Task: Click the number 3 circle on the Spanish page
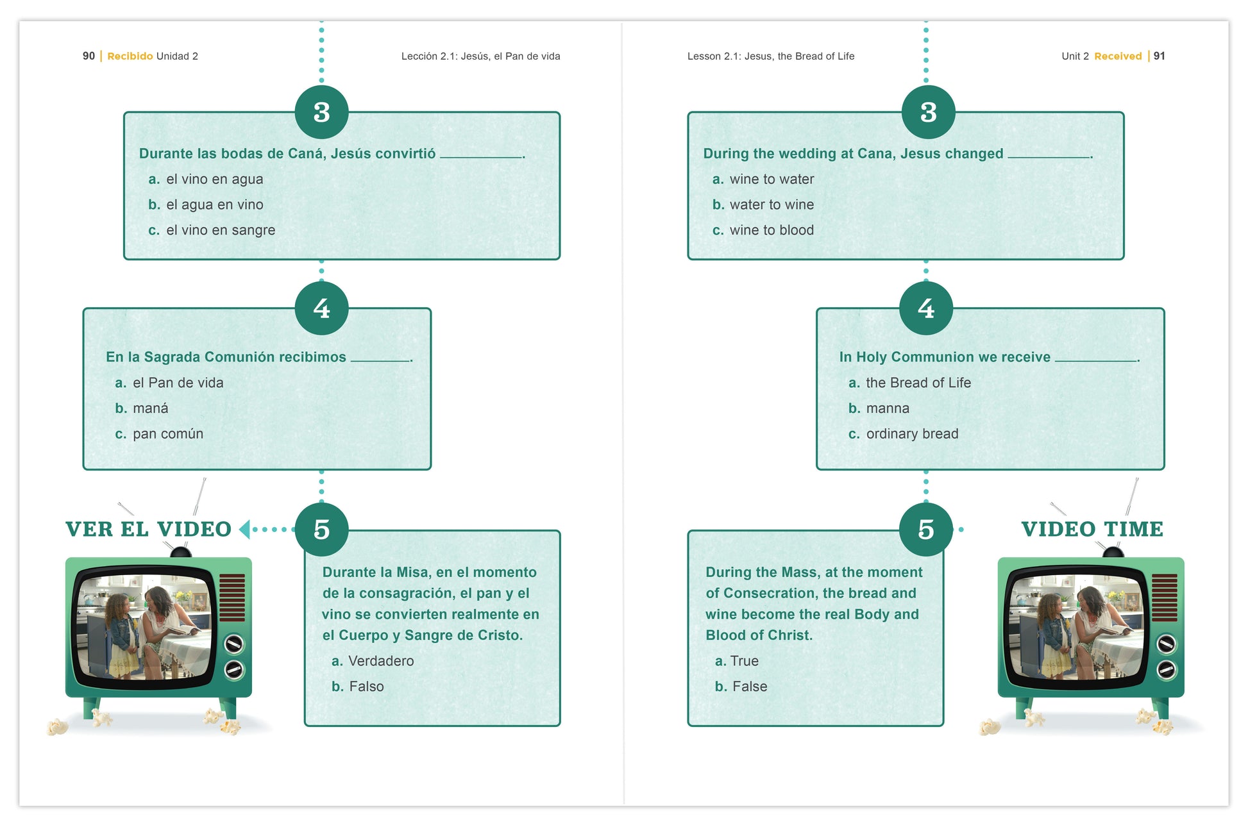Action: coord(321,112)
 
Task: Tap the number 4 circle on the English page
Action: coord(925,308)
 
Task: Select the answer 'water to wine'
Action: coord(771,205)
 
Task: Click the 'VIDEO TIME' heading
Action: coord(1092,529)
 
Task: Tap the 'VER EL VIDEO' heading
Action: coord(148,529)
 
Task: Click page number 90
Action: coord(89,56)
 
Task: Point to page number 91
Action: coord(1159,56)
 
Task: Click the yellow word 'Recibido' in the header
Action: coord(130,56)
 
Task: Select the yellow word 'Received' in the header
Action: coord(1118,56)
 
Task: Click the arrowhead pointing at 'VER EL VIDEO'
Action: coord(244,530)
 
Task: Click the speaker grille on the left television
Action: coord(232,597)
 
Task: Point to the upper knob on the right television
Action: coord(1165,643)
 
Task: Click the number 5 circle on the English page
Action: coord(925,530)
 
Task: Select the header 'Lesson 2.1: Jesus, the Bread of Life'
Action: coord(770,56)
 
